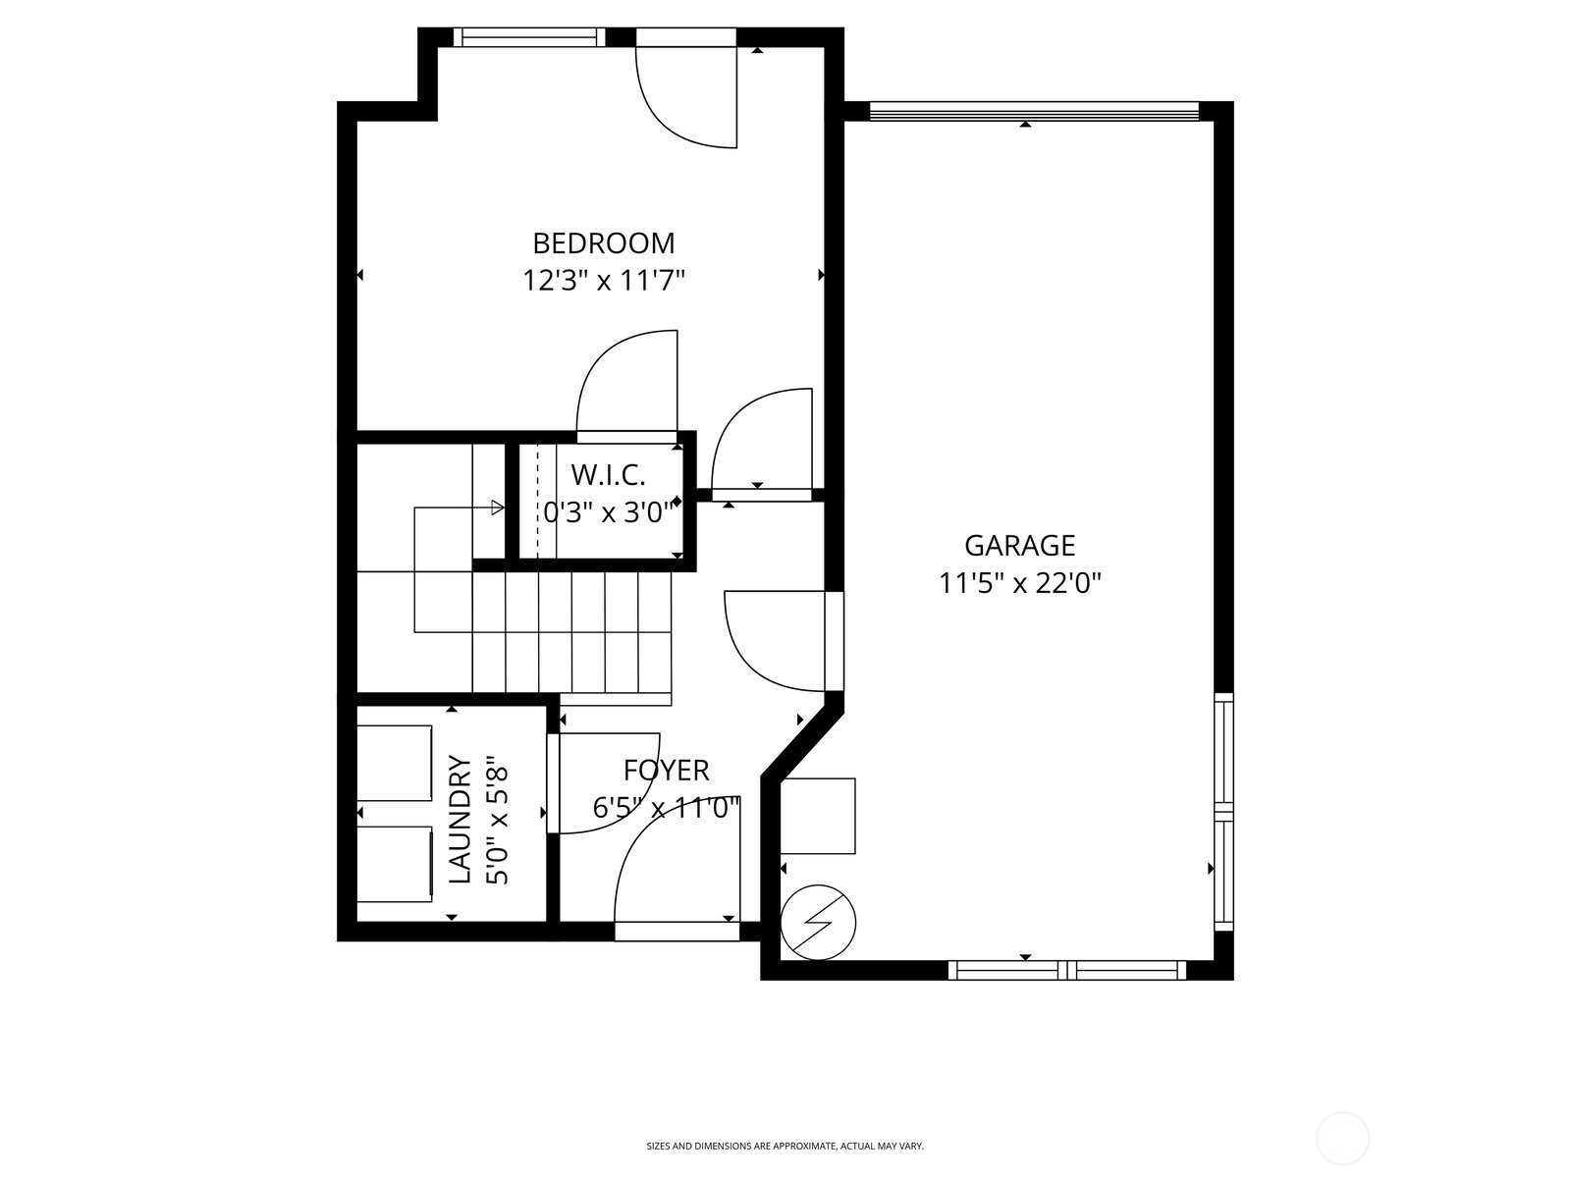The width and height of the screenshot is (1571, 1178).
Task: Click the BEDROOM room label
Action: click(603, 243)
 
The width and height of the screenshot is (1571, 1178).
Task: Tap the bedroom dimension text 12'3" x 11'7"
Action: click(603, 281)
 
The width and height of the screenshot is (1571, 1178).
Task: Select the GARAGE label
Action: click(1019, 546)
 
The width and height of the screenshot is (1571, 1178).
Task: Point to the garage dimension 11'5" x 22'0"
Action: click(1019, 584)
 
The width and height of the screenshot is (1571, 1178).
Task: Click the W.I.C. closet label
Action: click(608, 474)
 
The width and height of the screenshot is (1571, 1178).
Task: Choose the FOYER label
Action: click(667, 771)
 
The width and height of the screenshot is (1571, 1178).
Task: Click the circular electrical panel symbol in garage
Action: click(818, 922)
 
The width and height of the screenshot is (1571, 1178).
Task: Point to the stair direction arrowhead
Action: click(498, 508)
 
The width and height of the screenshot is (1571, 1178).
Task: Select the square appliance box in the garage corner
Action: click(817, 816)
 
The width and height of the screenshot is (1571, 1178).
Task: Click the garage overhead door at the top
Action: click(1034, 111)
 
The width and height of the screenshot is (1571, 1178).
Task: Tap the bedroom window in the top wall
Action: click(529, 37)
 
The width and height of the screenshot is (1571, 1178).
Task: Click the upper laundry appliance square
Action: click(394, 763)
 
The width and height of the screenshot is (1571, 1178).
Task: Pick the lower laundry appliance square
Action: click(395, 865)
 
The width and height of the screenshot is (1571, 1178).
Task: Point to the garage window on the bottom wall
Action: click(1067, 971)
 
